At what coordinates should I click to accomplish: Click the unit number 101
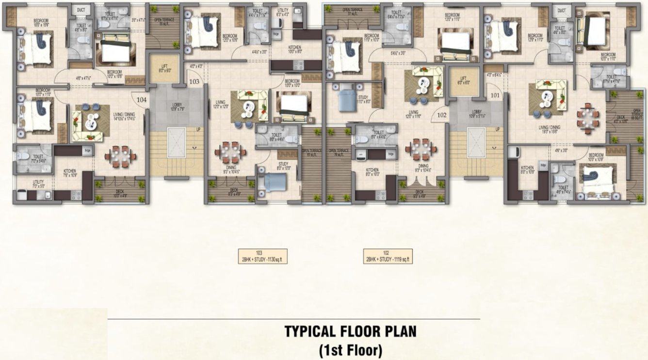tap(495, 95)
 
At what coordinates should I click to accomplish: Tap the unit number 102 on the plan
tap(442, 115)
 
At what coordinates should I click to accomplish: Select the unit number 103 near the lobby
tap(194, 82)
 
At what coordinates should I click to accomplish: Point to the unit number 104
tap(142, 99)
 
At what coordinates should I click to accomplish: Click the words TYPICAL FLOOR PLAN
tap(350, 332)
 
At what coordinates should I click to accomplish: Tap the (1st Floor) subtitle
tap(350, 349)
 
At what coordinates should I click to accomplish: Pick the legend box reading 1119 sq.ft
tap(388, 256)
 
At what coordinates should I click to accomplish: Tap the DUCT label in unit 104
tap(81, 10)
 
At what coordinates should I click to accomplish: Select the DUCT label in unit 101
tap(561, 10)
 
